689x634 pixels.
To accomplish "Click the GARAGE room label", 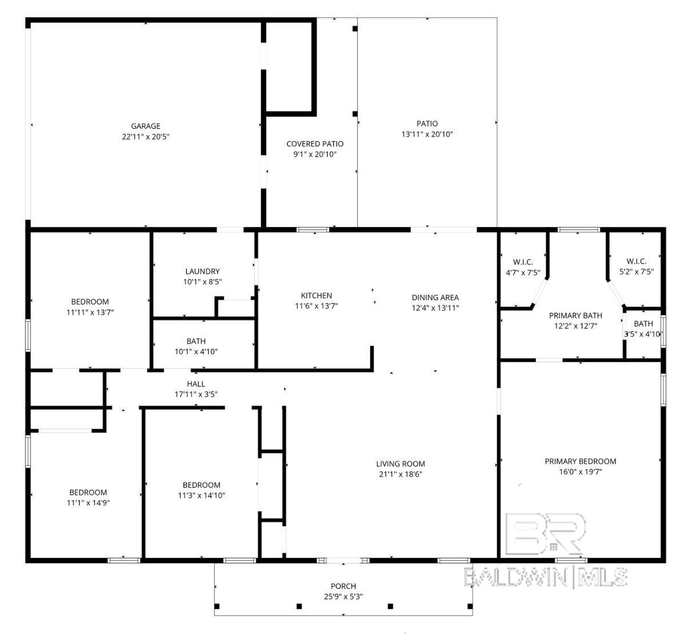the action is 146,126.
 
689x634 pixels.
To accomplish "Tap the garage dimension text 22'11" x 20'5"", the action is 146,137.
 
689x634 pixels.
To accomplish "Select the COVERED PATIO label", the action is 315,143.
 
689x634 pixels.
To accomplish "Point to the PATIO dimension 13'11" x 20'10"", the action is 427,134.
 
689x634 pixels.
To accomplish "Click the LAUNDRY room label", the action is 202,272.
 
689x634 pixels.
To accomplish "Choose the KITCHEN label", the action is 317,296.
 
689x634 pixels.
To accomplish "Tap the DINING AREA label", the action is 435,297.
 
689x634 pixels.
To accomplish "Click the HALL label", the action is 196,384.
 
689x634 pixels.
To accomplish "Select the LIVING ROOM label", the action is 400,464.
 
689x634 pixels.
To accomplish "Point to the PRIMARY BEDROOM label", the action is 580,461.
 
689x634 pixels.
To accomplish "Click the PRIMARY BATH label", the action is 575,315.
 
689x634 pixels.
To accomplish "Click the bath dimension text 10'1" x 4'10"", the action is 196,352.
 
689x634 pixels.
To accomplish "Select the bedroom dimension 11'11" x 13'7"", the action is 90,312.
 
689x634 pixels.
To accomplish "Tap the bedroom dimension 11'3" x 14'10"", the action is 202,496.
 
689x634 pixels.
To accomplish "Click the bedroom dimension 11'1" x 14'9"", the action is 89,503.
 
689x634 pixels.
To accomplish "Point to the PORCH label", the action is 343,586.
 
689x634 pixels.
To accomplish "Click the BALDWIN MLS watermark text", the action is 546,577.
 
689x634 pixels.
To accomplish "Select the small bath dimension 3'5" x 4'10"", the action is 643,334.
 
